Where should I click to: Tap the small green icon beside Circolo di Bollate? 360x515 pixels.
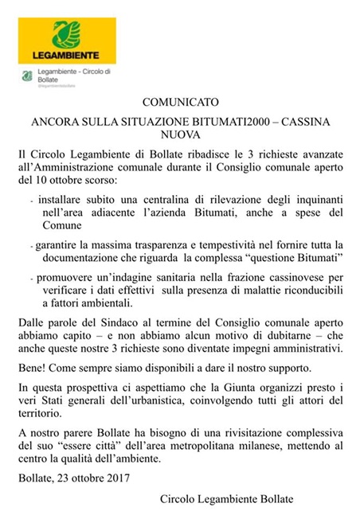tap(29, 77)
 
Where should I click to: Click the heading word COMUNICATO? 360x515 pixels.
tap(179, 102)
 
